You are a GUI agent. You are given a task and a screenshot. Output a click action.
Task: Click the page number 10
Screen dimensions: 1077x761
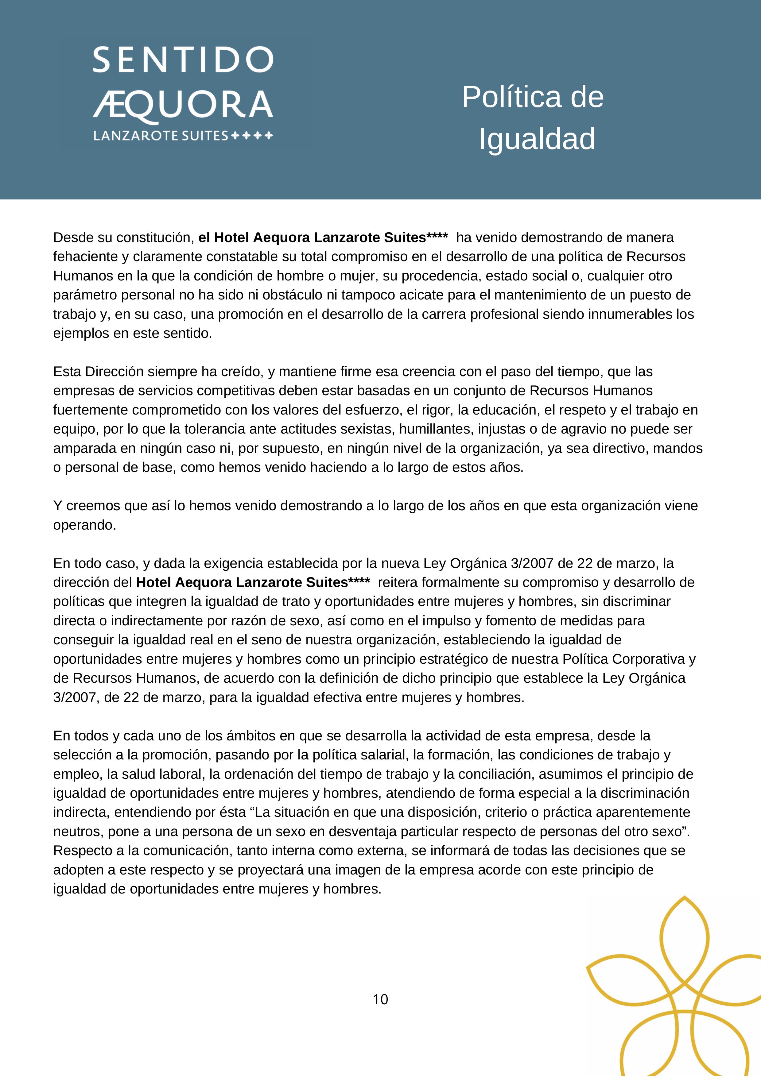381,1000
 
